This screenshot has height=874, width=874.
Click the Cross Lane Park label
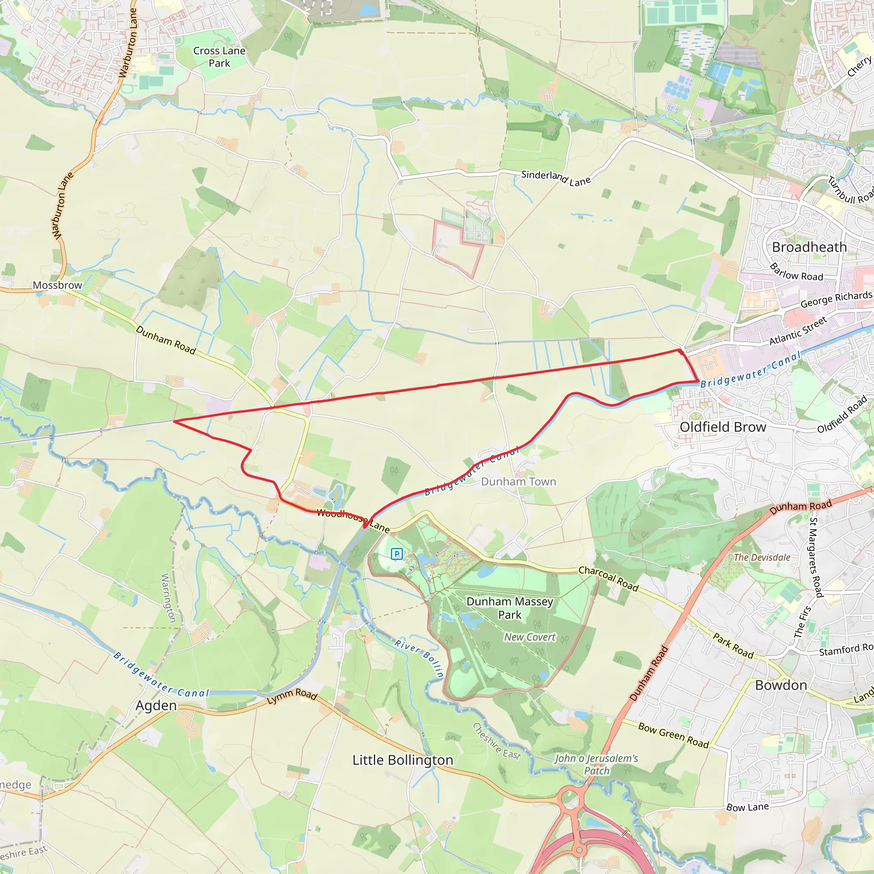click(219, 57)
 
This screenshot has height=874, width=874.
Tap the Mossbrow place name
click(58, 285)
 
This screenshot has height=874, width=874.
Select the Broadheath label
click(809, 247)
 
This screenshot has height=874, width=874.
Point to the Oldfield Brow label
click(723, 427)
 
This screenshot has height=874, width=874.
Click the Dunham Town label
click(519, 481)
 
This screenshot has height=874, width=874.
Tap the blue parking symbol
click(397, 553)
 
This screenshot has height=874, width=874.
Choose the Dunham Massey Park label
click(510, 608)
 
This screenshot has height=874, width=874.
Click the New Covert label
click(530, 637)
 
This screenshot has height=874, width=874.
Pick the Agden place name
click(156, 705)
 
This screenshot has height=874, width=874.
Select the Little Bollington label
click(402, 760)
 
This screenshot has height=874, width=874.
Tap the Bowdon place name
click(781, 685)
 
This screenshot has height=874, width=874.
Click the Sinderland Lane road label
click(556, 178)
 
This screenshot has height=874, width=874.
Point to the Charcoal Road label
click(609, 579)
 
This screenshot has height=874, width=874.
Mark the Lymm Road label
click(292, 696)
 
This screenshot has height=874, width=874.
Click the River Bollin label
click(419, 658)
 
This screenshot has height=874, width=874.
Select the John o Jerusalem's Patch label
click(597, 764)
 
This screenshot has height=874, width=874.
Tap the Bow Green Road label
click(673, 735)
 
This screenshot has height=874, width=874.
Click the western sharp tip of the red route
click(175, 421)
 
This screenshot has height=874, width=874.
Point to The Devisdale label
click(762, 557)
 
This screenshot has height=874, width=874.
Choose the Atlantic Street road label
click(798, 330)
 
